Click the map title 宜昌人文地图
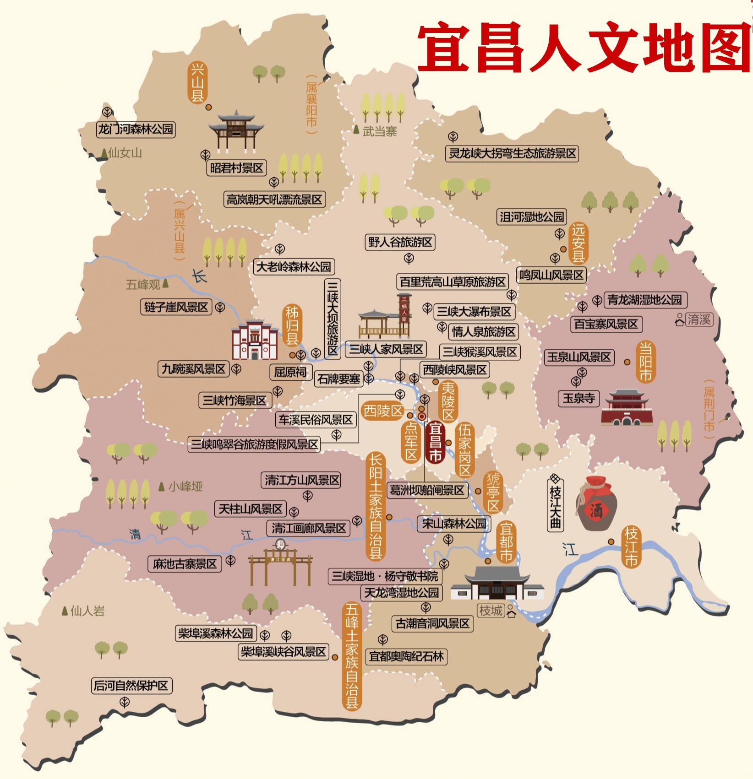[584, 48]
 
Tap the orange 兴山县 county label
[197, 83]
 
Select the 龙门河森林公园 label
[136, 129]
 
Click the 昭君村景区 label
[236, 168]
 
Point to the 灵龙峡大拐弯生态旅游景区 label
[512, 153]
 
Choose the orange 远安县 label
[578, 243]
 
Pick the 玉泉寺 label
[578, 398]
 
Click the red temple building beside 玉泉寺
[626, 407]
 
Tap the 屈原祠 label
[290, 372]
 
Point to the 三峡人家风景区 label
[386, 349]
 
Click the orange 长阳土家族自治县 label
[375, 506]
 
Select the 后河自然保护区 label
[131, 685]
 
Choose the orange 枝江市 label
[631, 547]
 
